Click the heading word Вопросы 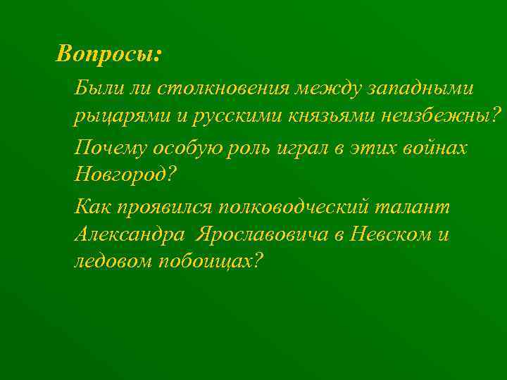108,54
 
